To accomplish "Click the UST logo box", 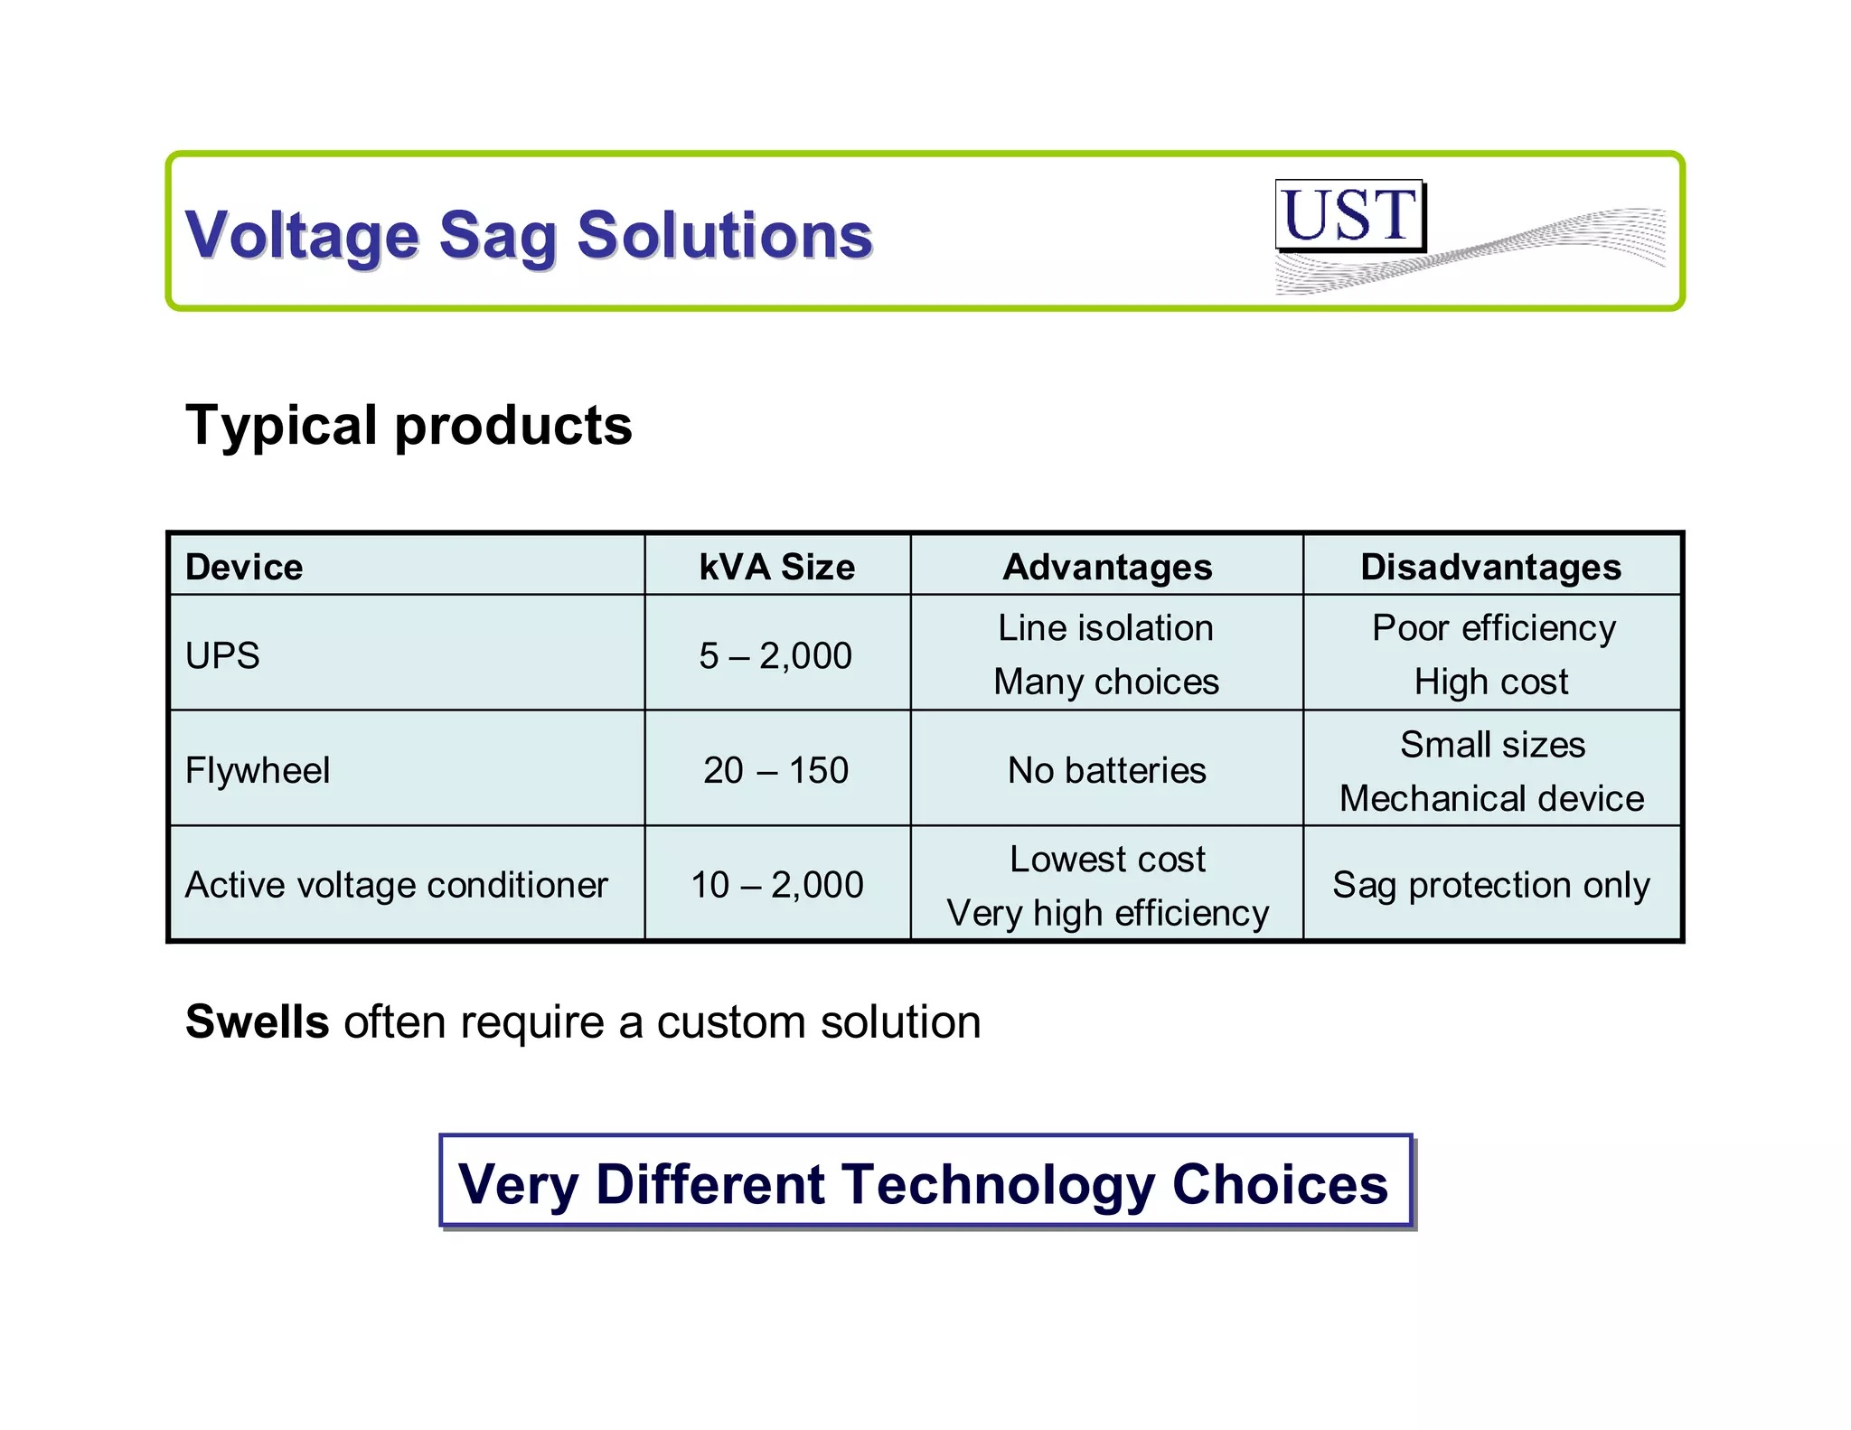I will click(x=1349, y=215).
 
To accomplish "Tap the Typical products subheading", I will click(x=409, y=426).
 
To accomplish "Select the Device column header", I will click(x=244, y=568).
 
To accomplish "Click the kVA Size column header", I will click(x=776, y=568).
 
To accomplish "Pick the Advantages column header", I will click(x=1107, y=568).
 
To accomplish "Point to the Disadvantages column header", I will click(x=1490, y=568).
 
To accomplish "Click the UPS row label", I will click(x=222, y=655).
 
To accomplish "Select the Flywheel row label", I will click(x=258, y=770).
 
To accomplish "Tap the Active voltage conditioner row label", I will click(x=396, y=885).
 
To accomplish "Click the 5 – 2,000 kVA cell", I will click(x=775, y=655).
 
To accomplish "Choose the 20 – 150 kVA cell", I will click(x=775, y=770).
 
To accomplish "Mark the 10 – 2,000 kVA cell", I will click(x=776, y=885).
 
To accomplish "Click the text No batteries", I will click(x=1106, y=770).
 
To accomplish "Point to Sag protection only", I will click(x=1490, y=885).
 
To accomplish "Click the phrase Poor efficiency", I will click(x=1493, y=628).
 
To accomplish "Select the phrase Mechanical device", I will click(x=1491, y=798).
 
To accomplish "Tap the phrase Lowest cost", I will click(x=1107, y=859).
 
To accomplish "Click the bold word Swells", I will click(x=258, y=1022).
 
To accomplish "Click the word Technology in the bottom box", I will click(x=998, y=1185).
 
